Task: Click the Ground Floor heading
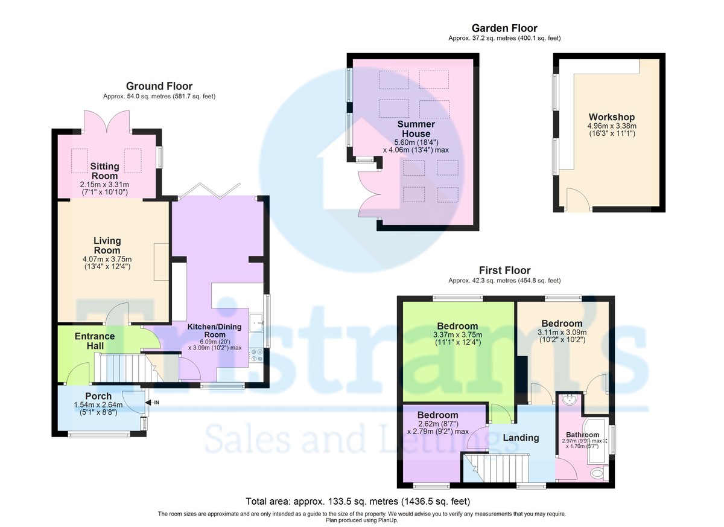coord(159,86)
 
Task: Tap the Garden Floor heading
coord(504,28)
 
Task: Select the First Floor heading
coord(504,270)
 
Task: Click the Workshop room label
coord(612,117)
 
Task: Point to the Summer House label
coord(416,129)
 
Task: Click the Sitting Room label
coord(104,171)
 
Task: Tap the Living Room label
coord(107,246)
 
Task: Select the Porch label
coord(98,396)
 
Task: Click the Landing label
coord(521,438)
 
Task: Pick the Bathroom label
coord(582,435)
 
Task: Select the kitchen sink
coord(256,322)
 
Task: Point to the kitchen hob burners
coord(256,355)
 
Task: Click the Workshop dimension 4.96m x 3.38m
coord(612,126)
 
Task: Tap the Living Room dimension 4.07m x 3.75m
coord(107,260)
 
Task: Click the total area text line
coord(358,502)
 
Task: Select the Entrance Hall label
coord(95,341)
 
